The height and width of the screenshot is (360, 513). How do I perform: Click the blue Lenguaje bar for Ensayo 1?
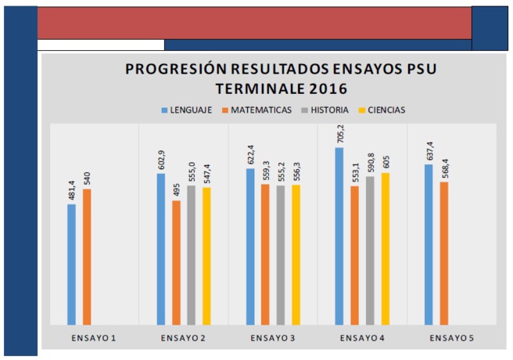tap(71, 264)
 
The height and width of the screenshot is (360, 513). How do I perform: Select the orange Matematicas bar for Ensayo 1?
tap(87, 257)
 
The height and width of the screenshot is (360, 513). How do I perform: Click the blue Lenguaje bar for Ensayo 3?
tap(250, 246)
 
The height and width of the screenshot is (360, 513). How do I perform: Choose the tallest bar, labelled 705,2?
tap(339, 236)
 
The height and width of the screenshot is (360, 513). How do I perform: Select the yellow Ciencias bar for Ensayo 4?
tap(386, 248)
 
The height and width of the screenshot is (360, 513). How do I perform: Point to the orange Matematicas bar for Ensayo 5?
tap(444, 253)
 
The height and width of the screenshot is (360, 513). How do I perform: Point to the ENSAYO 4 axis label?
tap(362, 337)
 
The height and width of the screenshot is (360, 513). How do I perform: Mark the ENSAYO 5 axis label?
tap(452, 337)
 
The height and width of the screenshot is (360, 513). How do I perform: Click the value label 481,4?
tap(71, 191)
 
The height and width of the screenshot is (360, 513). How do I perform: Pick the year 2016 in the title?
tap(328, 88)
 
